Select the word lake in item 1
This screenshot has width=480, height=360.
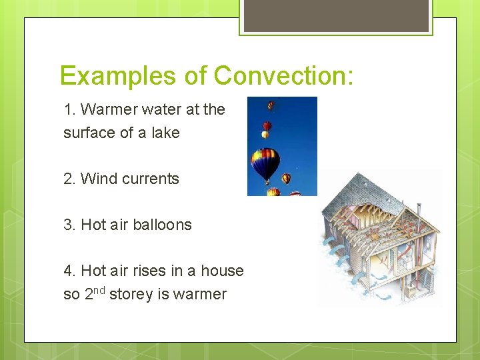165,133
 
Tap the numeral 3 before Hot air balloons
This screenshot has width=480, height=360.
68,225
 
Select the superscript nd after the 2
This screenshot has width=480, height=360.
99,289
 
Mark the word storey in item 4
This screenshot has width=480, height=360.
131,294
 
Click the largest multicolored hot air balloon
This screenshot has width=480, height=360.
265,161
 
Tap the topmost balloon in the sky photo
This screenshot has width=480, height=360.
271,105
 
